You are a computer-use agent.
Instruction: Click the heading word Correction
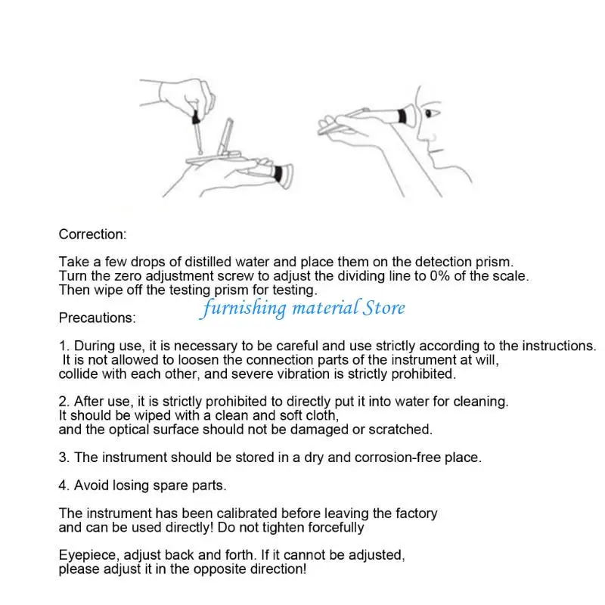click(x=92, y=234)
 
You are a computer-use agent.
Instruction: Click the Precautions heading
click(x=97, y=318)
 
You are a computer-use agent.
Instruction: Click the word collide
click(x=79, y=374)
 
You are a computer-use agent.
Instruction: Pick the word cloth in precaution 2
click(x=316, y=415)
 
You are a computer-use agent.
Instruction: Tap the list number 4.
click(x=64, y=485)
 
